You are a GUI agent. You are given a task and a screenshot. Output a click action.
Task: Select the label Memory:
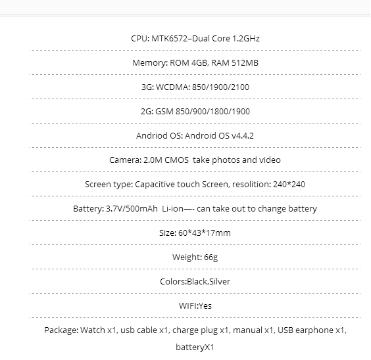pyautogui.click(x=150, y=63)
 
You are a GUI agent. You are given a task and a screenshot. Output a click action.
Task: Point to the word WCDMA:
pyautogui.click(x=173, y=87)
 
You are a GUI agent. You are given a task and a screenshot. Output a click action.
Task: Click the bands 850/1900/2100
pyautogui.click(x=220, y=87)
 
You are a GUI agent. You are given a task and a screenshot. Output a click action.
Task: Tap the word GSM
pyautogui.click(x=164, y=112)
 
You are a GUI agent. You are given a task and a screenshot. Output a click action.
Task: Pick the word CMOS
pyautogui.click(x=176, y=160)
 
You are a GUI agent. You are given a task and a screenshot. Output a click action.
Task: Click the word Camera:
pyautogui.click(x=126, y=160)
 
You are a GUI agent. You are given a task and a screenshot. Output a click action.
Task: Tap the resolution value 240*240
pyautogui.click(x=289, y=184)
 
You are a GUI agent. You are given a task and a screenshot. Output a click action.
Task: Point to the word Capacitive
pyautogui.click(x=155, y=185)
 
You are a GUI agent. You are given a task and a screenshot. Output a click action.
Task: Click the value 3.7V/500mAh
pyautogui.click(x=132, y=209)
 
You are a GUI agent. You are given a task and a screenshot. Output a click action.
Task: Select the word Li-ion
pyautogui.click(x=172, y=209)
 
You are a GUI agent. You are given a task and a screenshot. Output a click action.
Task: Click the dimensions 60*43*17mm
pyautogui.click(x=205, y=233)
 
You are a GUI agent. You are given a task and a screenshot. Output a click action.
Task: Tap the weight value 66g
pyautogui.click(x=210, y=258)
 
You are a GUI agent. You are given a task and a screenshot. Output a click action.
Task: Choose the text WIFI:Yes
pyautogui.click(x=195, y=306)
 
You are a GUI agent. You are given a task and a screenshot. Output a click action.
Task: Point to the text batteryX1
pyautogui.click(x=195, y=348)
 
